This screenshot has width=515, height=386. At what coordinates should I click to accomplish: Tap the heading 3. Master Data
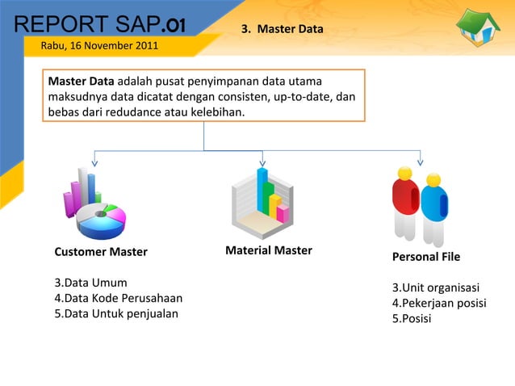(x=283, y=30)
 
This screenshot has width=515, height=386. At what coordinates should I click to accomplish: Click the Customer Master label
(x=101, y=252)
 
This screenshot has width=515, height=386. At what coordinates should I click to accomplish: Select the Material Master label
(x=269, y=250)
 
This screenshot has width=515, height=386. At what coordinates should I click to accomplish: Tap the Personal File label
(x=426, y=257)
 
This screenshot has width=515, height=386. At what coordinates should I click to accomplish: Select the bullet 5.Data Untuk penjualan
(x=116, y=313)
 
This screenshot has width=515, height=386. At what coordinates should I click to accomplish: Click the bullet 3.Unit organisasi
(x=436, y=288)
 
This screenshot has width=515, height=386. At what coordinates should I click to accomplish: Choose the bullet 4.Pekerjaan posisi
(x=439, y=304)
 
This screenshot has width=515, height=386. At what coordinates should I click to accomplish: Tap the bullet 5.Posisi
(x=412, y=318)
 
